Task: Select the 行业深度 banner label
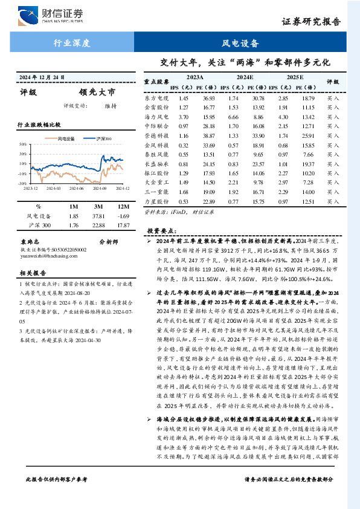click(x=71, y=44)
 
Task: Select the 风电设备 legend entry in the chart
click(x=63, y=138)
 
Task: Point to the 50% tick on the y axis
click(x=22, y=144)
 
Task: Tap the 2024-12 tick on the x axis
click(x=115, y=187)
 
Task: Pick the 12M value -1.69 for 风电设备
click(x=123, y=216)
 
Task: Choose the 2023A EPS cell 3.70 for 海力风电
click(x=184, y=117)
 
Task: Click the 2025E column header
click(x=295, y=78)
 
